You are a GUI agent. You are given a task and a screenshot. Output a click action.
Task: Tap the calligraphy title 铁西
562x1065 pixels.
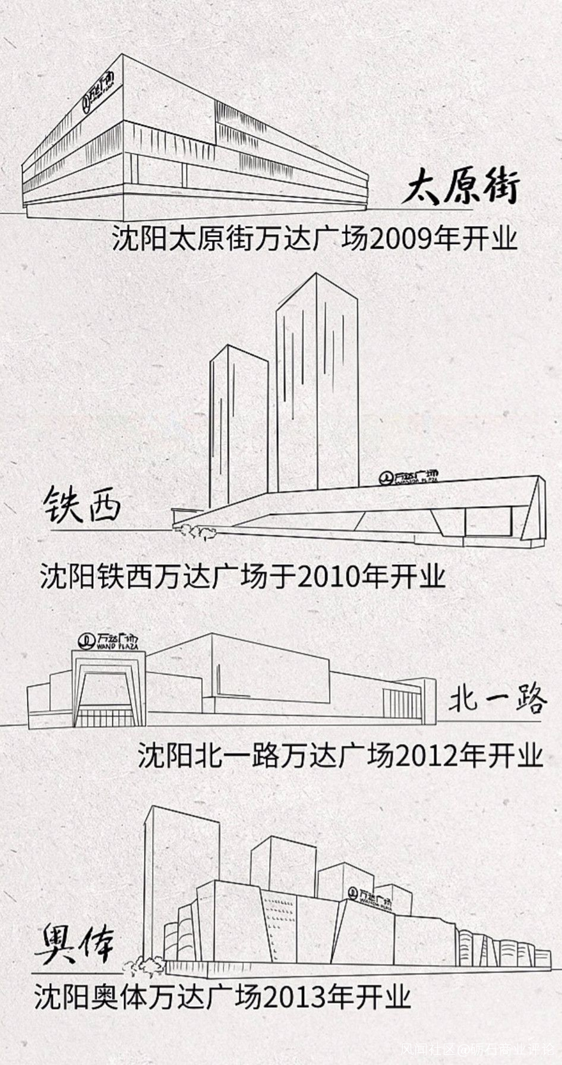tap(82, 505)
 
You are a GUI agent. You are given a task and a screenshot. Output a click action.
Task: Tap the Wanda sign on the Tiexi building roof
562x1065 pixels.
tap(410, 477)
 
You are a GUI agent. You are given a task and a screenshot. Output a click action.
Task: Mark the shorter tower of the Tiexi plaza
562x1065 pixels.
tap(238, 428)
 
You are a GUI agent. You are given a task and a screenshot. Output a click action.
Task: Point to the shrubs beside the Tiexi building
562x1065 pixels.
tap(192, 531)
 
